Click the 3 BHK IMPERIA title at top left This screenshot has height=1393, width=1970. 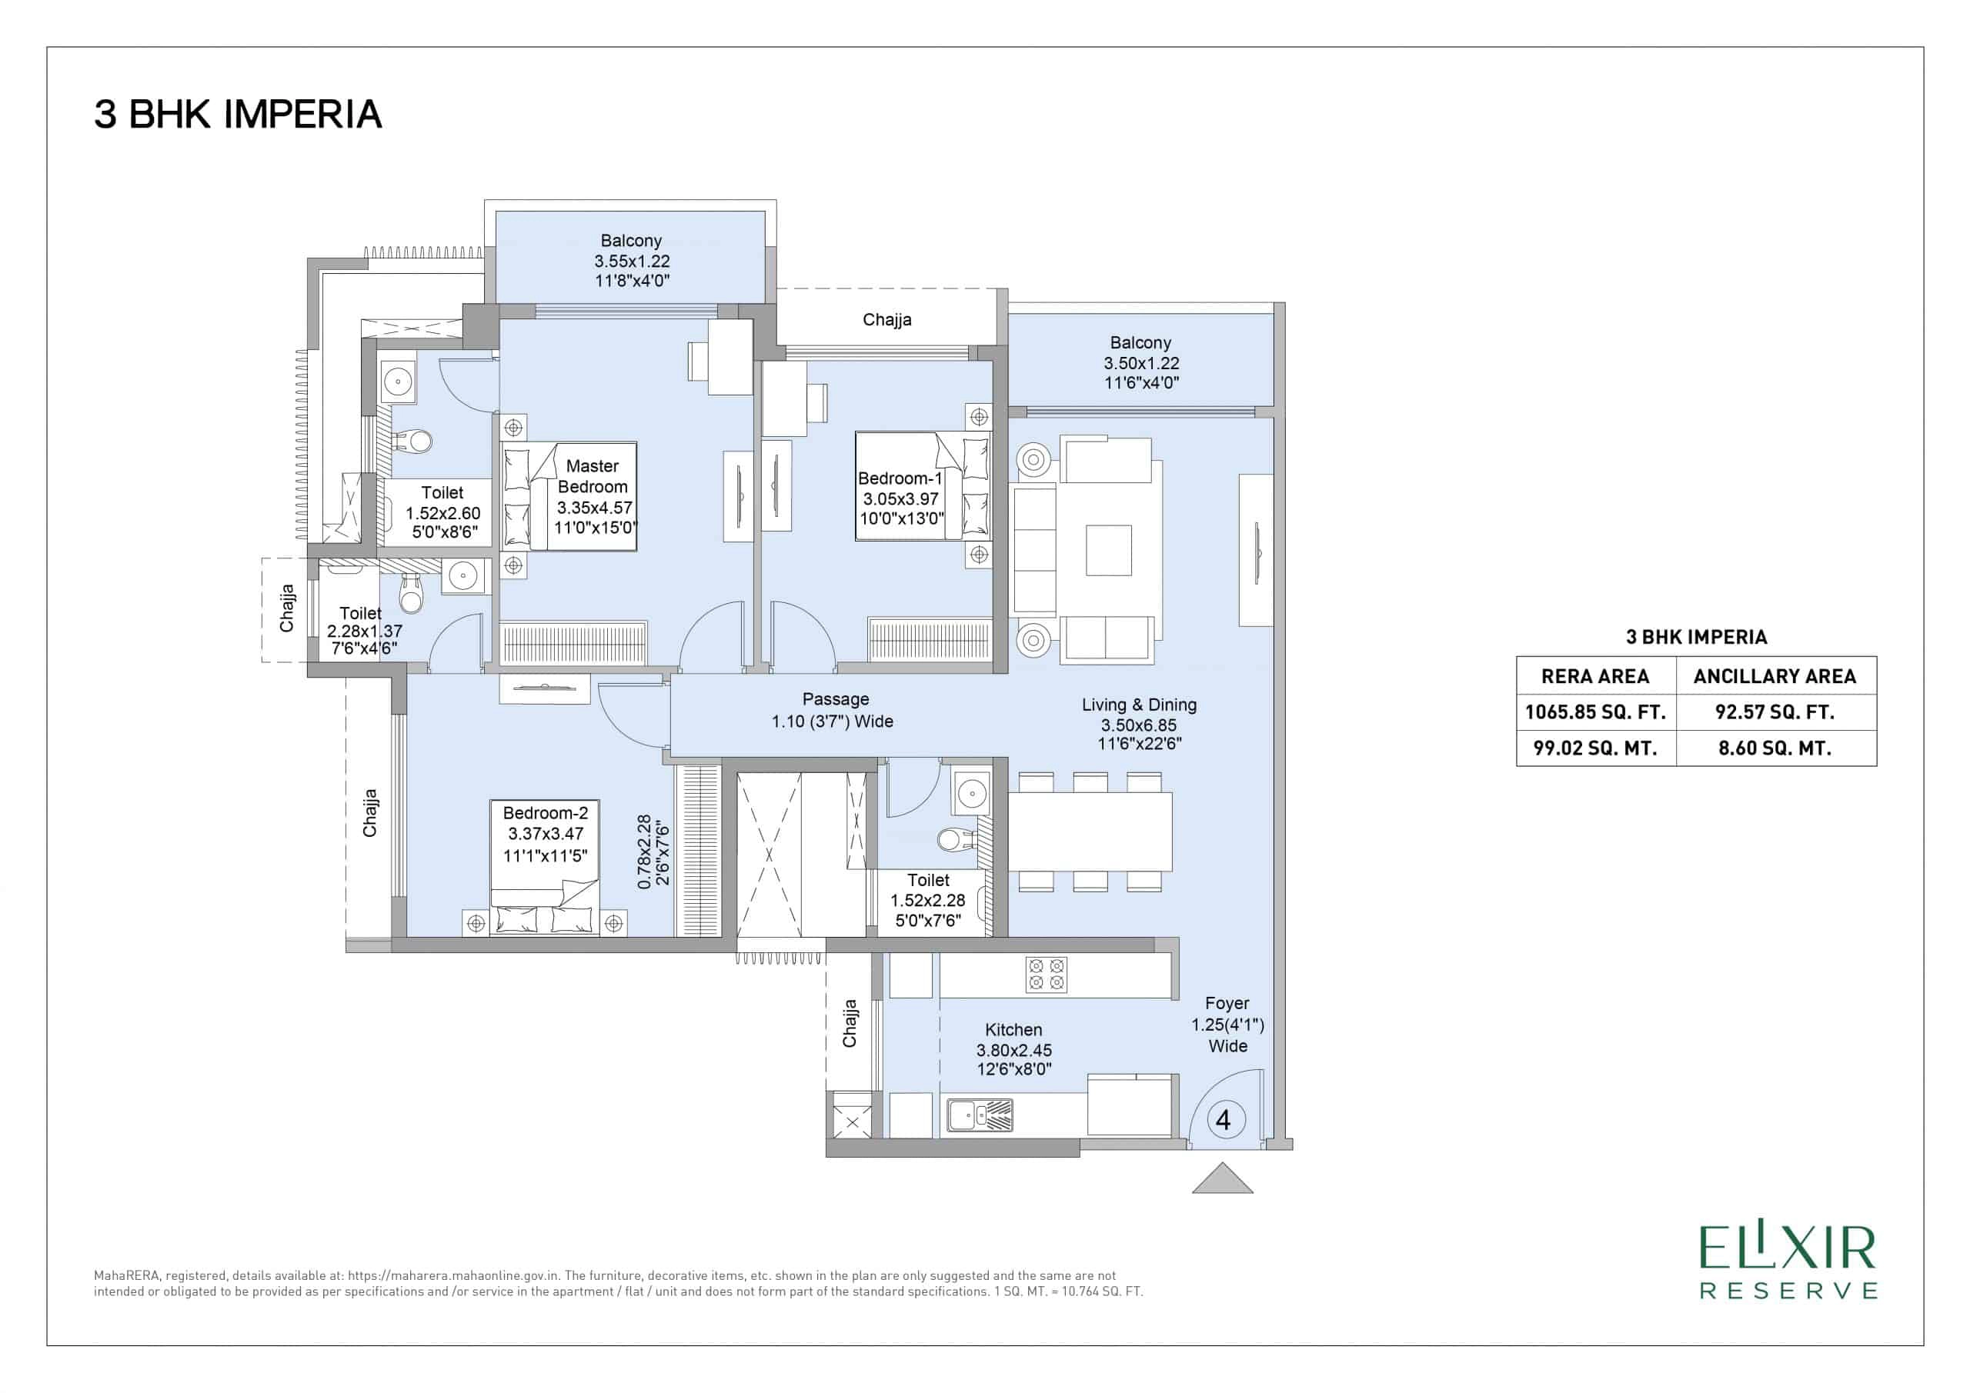coord(238,115)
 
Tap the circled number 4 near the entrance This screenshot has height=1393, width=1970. coord(1224,1119)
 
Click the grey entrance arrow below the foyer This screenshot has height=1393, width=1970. coord(1223,1178)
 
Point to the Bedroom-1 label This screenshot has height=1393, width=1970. coord(901,498)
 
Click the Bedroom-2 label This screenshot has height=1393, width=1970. coord(546,834)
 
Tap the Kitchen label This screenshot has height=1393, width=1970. coord(1014,1049)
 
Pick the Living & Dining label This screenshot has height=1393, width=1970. coord(1140,724)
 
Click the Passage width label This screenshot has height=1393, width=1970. coord(833,710)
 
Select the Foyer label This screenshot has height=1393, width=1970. coord(1228,1024)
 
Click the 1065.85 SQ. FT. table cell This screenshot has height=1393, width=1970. coord(1596,712)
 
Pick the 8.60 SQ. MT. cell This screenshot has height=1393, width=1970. coord(1775,748)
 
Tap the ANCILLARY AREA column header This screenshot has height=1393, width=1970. coord(1775,676)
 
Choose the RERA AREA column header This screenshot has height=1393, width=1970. coord(1596,676)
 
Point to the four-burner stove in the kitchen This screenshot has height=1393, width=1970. coord(1047,975)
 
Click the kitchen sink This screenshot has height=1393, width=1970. coord(980,1115)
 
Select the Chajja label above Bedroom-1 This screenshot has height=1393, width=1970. coord(887,320)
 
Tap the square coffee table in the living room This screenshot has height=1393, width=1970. coord(1109,550)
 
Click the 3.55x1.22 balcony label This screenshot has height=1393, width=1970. coord(633,261)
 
